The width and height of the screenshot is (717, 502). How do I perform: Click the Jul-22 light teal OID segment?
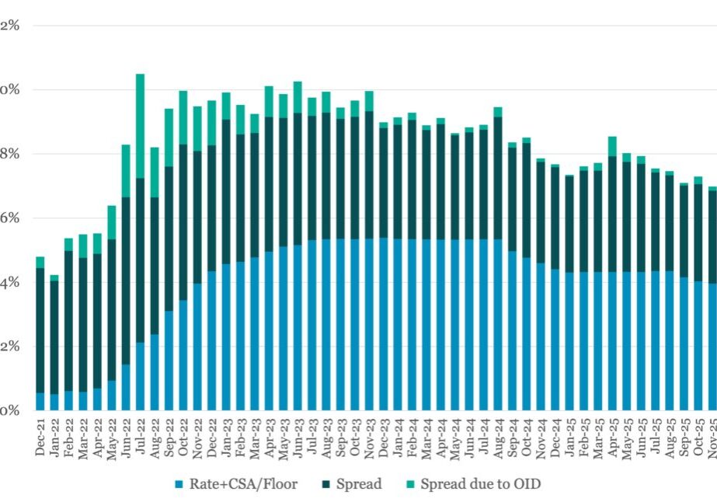coord(140,126)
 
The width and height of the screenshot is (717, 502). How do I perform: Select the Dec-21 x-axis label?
coord(40,440)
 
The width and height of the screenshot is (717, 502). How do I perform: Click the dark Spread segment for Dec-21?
coord(40,330)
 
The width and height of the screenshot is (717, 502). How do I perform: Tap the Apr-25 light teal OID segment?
coord(613,146)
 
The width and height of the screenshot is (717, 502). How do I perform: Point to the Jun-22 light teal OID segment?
coord(126,171)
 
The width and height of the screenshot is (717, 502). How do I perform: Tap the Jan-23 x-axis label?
coord(226,440)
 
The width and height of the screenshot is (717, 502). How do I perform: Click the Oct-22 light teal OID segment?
coord(183,117)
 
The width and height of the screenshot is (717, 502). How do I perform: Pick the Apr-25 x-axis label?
coord(613,440)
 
